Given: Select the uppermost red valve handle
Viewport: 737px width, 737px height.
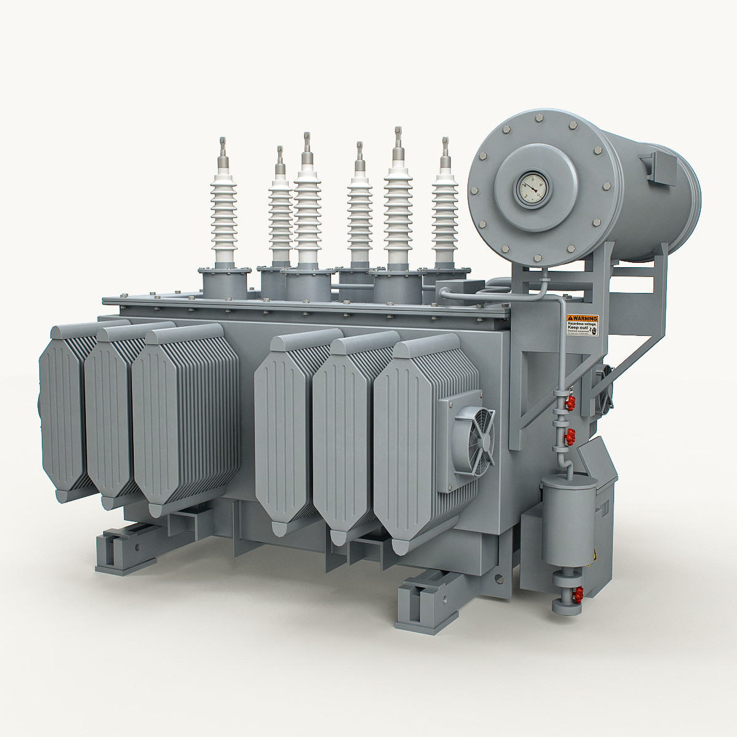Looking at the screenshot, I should [x=571, y=403].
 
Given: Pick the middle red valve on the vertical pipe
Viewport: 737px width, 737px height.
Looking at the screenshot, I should [x=571, y=437].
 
